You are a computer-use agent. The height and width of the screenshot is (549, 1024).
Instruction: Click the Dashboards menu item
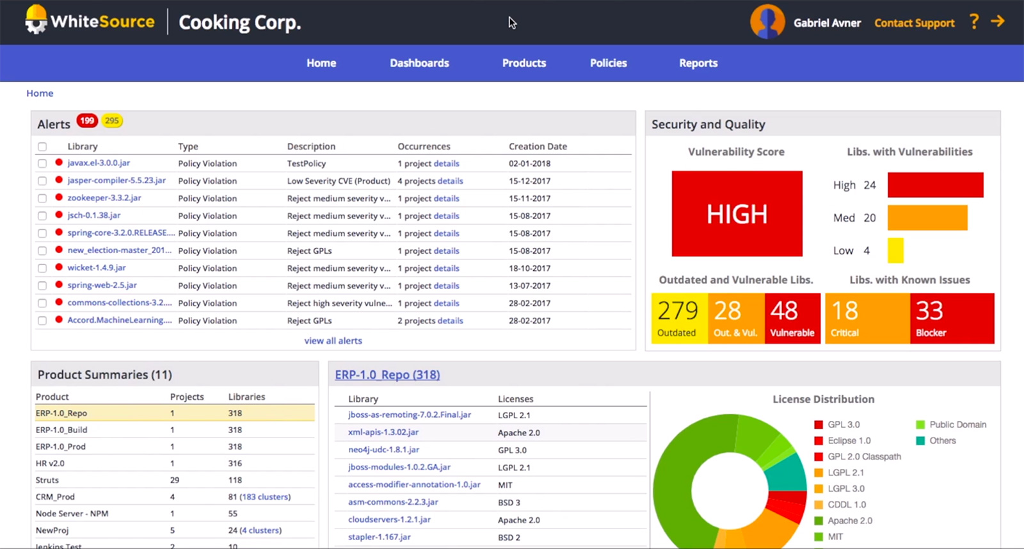(419, 63)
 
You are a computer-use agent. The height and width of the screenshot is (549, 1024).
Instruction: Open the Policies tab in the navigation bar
(608, 63)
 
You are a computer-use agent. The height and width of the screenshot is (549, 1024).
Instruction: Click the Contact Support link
(914, 23)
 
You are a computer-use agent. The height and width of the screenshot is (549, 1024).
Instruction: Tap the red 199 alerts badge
(87, 120)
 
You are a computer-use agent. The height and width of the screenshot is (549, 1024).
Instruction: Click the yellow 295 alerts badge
(112, 120)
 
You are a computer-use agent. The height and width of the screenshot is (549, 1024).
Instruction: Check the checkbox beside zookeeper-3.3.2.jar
(42, 199)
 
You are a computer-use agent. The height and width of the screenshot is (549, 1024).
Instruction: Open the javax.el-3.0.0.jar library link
(99, 163)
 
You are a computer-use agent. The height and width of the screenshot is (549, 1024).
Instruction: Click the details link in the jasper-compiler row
(450, 181)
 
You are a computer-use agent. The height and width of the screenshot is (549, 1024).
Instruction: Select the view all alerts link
(333, 341)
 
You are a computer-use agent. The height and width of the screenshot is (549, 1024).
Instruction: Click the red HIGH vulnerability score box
(737, 213)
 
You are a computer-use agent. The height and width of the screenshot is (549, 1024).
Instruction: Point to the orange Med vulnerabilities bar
(927, 218)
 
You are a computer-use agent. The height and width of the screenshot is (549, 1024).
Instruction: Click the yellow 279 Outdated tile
(679, 318)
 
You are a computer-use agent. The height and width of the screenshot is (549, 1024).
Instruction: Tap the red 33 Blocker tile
(952, 318)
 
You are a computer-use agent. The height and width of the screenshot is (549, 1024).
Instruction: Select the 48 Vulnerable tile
(792, 318)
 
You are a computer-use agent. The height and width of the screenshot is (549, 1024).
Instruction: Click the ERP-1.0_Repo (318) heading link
(387, 375)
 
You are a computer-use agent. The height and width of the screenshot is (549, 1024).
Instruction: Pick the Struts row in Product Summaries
(47, 480)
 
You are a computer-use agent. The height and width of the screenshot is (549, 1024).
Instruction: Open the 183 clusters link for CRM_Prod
(265, 496)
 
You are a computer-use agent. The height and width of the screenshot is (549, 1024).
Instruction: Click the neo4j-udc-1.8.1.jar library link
(383, 450)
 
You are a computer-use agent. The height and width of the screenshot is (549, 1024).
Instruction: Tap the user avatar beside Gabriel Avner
(767, 22)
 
